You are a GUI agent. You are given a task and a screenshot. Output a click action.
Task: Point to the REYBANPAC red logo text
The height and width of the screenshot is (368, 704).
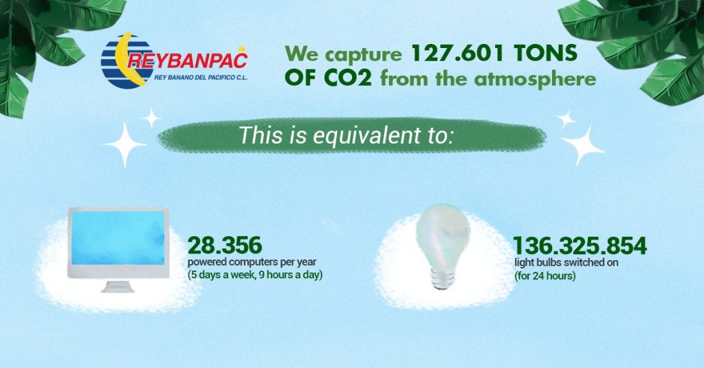click(187, 60)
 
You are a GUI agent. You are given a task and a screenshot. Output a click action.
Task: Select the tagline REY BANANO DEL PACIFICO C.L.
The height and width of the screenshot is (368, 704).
click(201, 77)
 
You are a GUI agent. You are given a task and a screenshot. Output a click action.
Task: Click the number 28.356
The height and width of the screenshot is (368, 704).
click(225, 246)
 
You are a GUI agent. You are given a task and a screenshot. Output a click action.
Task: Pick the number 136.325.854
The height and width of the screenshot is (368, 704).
click(580, 246)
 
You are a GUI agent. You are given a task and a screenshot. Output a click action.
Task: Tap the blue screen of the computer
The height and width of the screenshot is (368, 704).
click(118, 238)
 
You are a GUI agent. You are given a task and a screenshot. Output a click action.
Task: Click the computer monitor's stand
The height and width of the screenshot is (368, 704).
click(118, 286)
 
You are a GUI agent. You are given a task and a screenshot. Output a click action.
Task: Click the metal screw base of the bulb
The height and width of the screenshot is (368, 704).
click(442, 278)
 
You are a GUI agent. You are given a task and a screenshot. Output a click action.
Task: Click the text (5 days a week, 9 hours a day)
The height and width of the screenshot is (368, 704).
click(255, 275)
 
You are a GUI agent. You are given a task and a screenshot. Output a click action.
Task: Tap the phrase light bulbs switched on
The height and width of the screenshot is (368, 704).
click(566, 262)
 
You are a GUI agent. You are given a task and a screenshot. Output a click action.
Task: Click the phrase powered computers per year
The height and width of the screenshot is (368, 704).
click(252, 262)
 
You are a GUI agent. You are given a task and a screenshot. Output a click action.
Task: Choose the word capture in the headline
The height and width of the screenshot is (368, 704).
click(363, 55)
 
